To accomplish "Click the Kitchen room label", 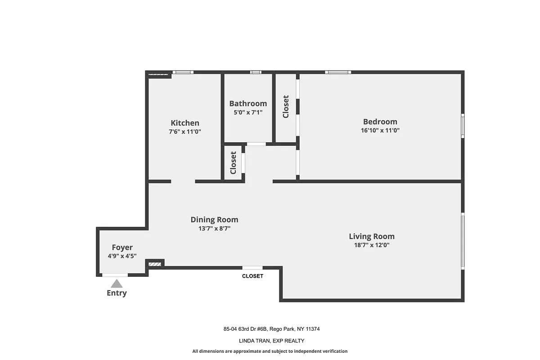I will coord(185,123).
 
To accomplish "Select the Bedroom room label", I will coord(380,121).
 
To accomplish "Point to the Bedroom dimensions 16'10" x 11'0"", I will coord(380,130).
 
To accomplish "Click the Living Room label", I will coord(372,236).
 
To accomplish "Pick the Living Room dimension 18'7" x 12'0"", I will coord(372,245).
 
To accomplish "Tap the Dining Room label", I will coord(214,220).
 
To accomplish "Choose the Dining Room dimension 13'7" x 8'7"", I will coord(214,228).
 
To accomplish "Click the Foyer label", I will coord(122,247).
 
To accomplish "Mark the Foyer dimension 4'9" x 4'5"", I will coord(122,256).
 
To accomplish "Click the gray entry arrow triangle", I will coord(117,283).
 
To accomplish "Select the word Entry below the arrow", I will coord(117,293).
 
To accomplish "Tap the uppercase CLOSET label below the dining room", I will coord(252,276).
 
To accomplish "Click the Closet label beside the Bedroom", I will coord(286,107).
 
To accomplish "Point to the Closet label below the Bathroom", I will coord(233,162).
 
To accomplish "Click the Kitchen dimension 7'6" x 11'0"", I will coord(185,132).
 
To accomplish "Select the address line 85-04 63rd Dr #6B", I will coord(271,329).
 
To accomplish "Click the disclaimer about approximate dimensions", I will coord(270,351).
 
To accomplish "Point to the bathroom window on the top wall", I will coord(256,72).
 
